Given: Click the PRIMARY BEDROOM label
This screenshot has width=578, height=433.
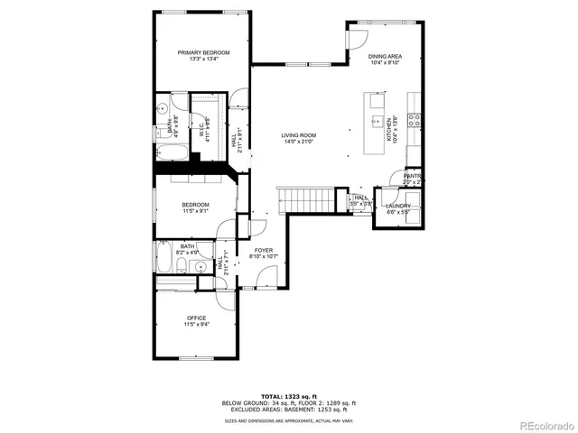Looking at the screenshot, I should click(203, 52).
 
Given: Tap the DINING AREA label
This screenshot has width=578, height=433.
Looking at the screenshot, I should click(385, 57).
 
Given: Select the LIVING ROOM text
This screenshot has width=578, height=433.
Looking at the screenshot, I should click(298, 135).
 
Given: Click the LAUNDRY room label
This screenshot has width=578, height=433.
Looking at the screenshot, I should click(398, 205).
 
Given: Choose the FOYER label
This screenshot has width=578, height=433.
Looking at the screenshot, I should click(263, 250).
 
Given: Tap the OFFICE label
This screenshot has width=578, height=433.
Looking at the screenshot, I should click(196, 318).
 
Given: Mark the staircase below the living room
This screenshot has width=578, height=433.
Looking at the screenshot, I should click(305, 198).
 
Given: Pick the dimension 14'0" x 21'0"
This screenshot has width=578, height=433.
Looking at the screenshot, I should click(298, 142).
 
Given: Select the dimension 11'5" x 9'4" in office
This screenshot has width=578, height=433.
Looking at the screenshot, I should click(196, 324).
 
